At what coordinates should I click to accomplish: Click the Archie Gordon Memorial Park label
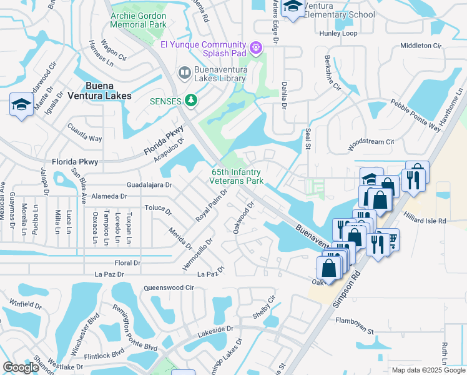pos(138,20)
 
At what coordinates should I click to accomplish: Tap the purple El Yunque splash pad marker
pos(255,47)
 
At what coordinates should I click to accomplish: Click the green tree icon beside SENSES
pos(191,101)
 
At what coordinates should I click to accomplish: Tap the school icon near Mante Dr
pos(21,104)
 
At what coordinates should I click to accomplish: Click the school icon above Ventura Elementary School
pos(292,7)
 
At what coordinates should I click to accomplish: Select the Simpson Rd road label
pos(348,289)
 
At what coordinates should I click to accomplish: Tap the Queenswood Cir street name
pos(169,287)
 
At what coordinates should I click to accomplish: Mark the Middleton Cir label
pos(420,46)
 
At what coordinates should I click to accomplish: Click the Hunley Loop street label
pos(338,33)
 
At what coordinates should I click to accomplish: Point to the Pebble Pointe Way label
pos(416,115)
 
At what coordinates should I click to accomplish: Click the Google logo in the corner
pos(21,367)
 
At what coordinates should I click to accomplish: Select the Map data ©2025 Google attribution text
pos(428,370)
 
